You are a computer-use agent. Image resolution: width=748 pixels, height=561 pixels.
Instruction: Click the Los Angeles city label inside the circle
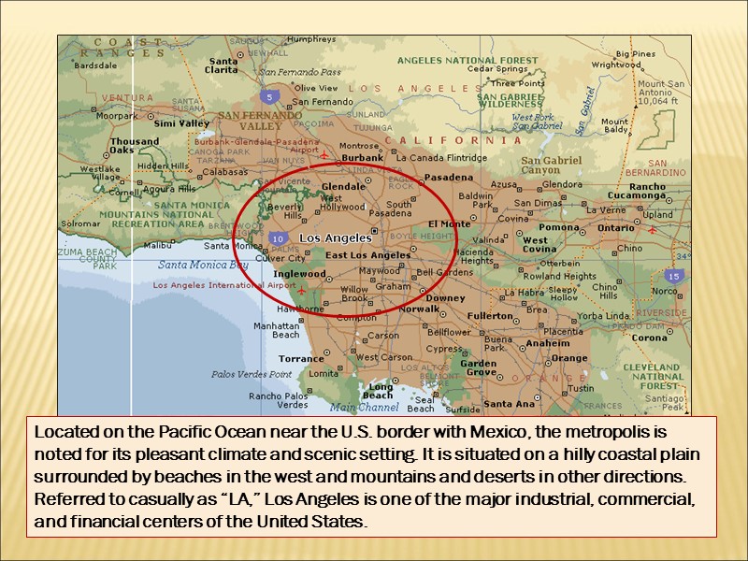click(x=335, y=237)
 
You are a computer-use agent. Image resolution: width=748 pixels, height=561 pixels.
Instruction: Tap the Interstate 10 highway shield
click(x=277, y=239)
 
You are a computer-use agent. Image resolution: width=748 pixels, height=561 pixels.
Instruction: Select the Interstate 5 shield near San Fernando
click(x=269, y=96)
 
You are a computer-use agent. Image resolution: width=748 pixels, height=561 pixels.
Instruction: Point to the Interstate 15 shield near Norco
click(x=673, y=276)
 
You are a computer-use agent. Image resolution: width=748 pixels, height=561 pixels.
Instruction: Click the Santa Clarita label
click(x=222, y=64)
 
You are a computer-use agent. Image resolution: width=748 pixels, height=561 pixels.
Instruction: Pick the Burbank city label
click(x=363, y=158)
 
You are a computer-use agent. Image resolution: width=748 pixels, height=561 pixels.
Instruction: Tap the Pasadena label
click(x=449, y=177)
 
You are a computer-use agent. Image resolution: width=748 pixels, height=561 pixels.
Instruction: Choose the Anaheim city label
click(x=548, y=343)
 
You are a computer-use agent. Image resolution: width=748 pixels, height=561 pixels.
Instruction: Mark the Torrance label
click(x=301, y=358)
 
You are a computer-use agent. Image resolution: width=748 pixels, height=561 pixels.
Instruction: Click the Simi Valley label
click(x=181, y=123)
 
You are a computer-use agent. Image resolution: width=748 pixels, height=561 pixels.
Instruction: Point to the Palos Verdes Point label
click(x=252, y=374)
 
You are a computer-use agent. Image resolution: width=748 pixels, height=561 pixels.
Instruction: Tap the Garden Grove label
click(x=478, y=367)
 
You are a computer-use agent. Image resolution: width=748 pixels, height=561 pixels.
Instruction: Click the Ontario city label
click(x=616, y=227)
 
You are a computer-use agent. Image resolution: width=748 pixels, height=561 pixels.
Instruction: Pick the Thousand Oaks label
click(x=135, y=146)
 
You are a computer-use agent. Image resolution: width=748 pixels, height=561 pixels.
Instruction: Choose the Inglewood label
click(x=299, y=274)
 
